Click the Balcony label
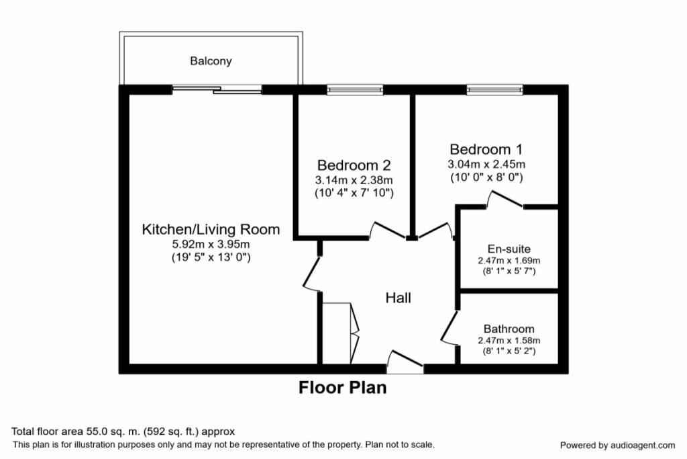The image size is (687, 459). tap(211, 61)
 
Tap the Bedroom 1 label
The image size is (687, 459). tap(486, 149)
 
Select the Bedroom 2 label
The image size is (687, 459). tap(354, 165)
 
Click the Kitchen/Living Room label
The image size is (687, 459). tap(210, 229)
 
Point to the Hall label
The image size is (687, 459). tap(398, 298)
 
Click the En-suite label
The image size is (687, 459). tap(509, 249)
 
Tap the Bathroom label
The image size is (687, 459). tap(509, 329)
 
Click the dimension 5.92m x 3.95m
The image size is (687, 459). tap(210, 244)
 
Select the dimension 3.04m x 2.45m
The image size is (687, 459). tap(486, 164)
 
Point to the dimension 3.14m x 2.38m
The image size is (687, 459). tap(354, 179)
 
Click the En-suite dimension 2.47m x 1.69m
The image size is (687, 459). tap(509, 260)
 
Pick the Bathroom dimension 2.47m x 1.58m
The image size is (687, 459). tap(509, 340)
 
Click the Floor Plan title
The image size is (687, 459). tap(342, 388)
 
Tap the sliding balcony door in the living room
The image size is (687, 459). tap(217, 89)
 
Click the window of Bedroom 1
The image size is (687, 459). tap(494, 89)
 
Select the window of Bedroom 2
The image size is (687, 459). tap(355, 89)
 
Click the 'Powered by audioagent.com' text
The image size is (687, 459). tap(617, 445)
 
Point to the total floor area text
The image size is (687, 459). tap(123, 431)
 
